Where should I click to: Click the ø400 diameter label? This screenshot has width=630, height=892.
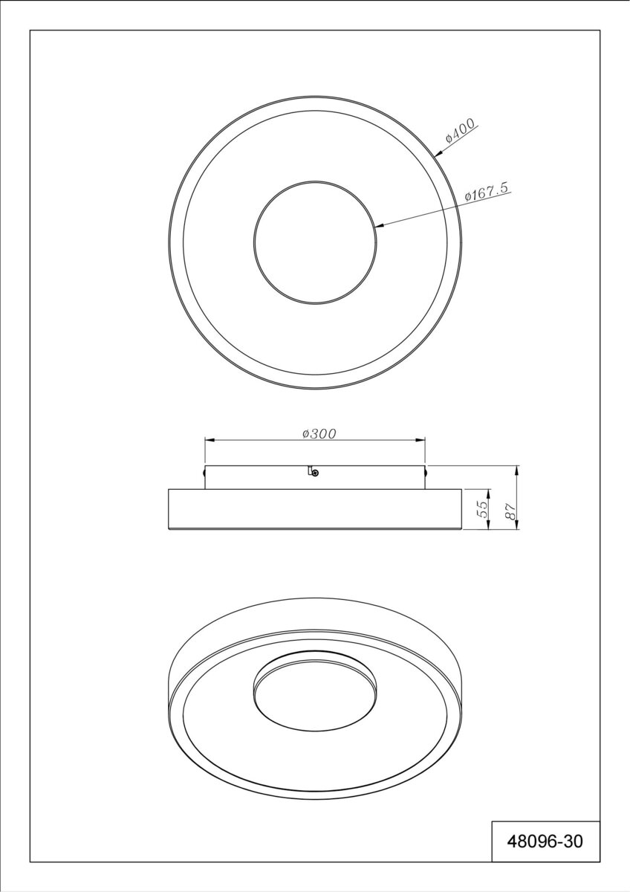[x=461, y=131]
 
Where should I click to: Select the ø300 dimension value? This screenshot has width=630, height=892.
[x=319, y=433]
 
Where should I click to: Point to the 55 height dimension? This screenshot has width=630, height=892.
[x=482, y=509]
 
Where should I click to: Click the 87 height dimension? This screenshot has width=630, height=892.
[x=511, y=510]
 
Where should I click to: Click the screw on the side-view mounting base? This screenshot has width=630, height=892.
[x=315, y=473]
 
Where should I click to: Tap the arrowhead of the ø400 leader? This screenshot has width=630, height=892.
[x=438, y=153]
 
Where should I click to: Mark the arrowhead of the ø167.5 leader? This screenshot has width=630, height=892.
[x=381, y=226]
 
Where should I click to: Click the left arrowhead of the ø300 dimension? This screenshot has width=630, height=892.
[x=210, y=439]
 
